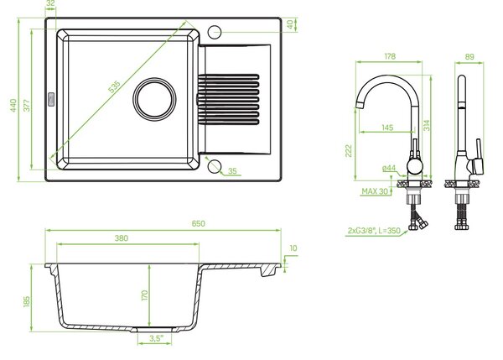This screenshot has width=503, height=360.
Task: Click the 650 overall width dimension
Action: (x=198, y=223)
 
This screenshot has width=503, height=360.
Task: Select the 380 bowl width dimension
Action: (x=122, y=238)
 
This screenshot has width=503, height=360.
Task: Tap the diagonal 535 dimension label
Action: (x=114, y=87)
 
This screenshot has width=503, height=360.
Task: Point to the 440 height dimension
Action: (x=13, y=106)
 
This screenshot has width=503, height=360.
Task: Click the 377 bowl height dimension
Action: (x=27, y=106)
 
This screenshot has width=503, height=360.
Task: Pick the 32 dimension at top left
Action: (x=50, y=3)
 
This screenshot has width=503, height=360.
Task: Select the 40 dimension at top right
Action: (x=291, y=24)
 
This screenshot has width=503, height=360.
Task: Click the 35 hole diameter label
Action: (x=232, y=171)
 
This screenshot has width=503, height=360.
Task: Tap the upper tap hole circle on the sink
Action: (x=215, y=32)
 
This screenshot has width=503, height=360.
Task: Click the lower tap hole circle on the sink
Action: (x=215, y=166)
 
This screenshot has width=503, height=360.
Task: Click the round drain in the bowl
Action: (x=154, y=99)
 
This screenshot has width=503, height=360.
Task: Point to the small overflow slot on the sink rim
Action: (x=50, y=99)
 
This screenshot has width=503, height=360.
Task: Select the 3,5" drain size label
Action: (x=156, y=338)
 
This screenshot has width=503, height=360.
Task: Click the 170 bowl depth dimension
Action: (x=145, y=295)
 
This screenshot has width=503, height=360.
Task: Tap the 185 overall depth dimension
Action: (x=27, y=301)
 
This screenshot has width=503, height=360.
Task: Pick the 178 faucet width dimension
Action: (x=390, y=56)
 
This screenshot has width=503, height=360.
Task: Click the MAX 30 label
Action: (x=375, y=191)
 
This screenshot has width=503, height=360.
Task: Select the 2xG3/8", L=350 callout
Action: (x=374, y=231)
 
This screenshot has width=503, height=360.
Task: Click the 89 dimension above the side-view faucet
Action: (x=469, y=57)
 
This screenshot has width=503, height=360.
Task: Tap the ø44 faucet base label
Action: (x=389, y=168)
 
